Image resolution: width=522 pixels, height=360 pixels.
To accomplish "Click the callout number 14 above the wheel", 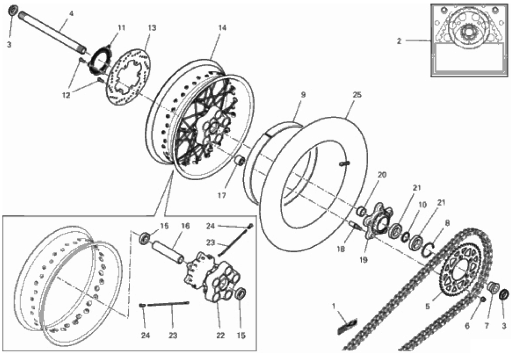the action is click(222, 28).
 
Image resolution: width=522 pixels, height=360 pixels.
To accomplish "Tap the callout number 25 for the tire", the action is click(357, 95).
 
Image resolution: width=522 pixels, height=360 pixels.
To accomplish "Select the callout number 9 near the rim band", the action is click(303, 95).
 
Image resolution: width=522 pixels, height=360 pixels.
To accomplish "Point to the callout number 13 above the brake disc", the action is click(152, 28).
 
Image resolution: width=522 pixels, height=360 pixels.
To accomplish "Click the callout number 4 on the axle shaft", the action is click(71, 13).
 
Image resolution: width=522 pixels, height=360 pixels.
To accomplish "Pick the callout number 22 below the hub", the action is click(221, 336).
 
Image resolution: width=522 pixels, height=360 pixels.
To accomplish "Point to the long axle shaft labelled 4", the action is click(53, 31).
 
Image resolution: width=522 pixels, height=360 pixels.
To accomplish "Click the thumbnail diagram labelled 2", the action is click(469, 40).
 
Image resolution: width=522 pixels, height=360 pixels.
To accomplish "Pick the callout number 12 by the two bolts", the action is click(66, 95).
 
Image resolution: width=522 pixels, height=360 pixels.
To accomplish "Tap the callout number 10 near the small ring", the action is click(422, 204).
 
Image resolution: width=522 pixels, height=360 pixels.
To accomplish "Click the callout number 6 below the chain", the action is click(467, 326).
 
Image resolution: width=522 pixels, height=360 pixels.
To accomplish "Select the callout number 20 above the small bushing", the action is click(382, 175).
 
